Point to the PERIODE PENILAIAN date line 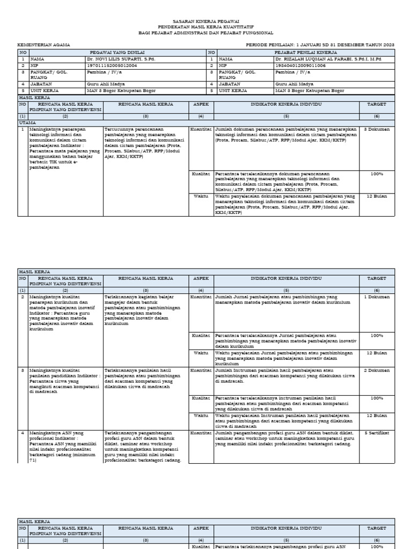point(320,45)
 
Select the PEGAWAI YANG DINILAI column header point(113,53)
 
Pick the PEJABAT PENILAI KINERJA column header point(305,53)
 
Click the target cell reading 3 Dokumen point(376,130)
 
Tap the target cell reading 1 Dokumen point(376,296)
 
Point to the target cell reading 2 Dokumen point(376,370)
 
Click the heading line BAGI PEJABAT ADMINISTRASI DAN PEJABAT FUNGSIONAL point(206,32)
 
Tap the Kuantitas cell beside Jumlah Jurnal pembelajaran point(201,296)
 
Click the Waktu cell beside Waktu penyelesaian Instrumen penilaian point(201,416)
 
